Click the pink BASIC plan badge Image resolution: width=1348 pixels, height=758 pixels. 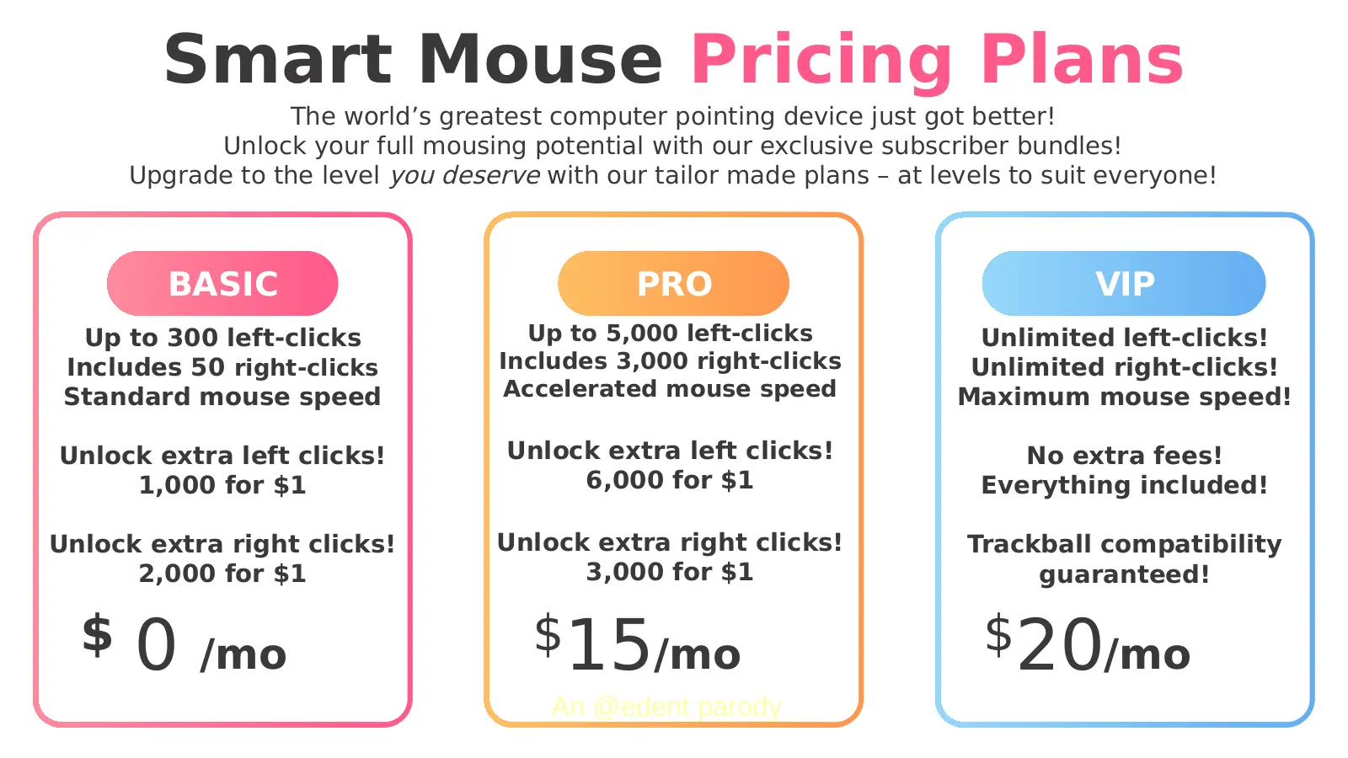tap(222, 283)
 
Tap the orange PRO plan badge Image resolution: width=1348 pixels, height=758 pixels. tap(673, 283)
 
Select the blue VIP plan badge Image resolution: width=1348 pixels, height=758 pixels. tap(1124, 283)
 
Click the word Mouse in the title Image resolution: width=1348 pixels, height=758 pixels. tap(540, 60)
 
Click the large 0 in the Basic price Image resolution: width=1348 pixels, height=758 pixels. tap(157, 645)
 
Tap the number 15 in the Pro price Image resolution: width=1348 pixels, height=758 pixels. tap(609, 645)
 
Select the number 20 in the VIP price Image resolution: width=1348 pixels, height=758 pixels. tap(1060, 645)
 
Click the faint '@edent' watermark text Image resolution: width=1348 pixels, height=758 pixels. tap(641, 707)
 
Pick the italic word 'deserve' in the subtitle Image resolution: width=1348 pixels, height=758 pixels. tap(490, 176)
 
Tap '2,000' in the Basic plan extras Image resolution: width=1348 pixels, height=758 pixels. tap(177, 574)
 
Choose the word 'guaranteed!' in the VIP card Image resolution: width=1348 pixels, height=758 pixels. tap(1124, 575)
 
